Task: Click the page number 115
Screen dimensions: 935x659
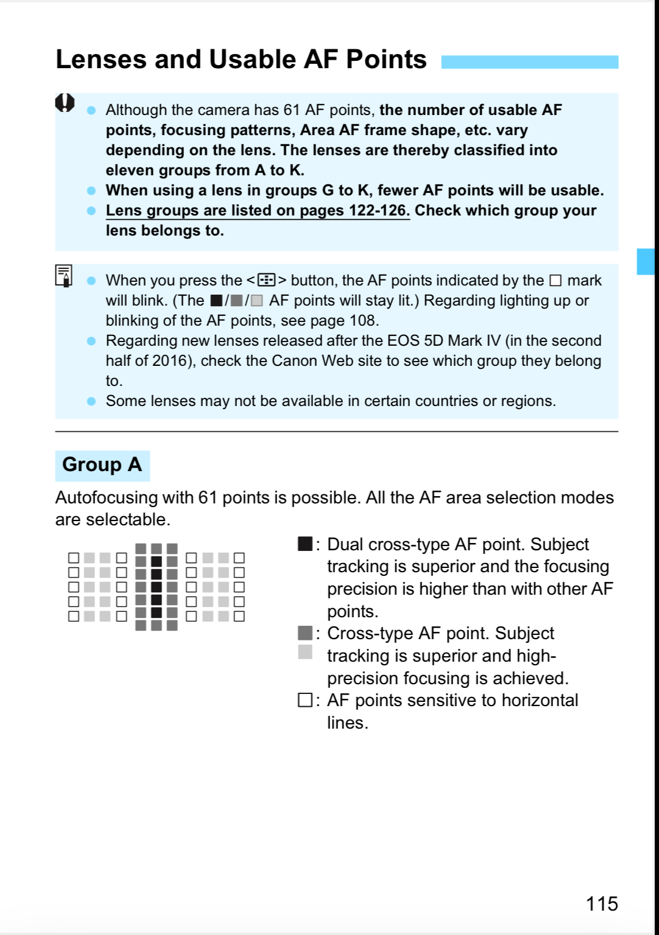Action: pos(602,903)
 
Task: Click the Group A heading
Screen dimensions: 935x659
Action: pos(102,465)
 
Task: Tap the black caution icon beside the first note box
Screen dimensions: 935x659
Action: pos(65,103)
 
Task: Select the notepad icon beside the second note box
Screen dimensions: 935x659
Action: pos(64,276)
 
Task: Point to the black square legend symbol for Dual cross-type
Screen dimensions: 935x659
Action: pos(305,544)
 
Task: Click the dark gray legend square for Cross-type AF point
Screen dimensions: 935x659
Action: pos(305,633)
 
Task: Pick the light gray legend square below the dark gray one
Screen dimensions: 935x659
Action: pos(305,652)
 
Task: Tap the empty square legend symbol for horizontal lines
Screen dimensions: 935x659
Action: pos(305,700)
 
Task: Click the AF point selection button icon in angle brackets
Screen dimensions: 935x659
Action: pos(266,280)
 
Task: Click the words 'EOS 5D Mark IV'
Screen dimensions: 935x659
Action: pos(443,340)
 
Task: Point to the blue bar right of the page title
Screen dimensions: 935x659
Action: pos(529,62)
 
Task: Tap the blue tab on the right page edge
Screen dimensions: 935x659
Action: pos(646,261)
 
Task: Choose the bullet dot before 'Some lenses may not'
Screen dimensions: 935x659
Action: pos(91,401)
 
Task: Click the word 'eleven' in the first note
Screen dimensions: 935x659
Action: pos(129,170)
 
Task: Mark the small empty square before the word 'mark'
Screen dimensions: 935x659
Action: pos(555,281)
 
